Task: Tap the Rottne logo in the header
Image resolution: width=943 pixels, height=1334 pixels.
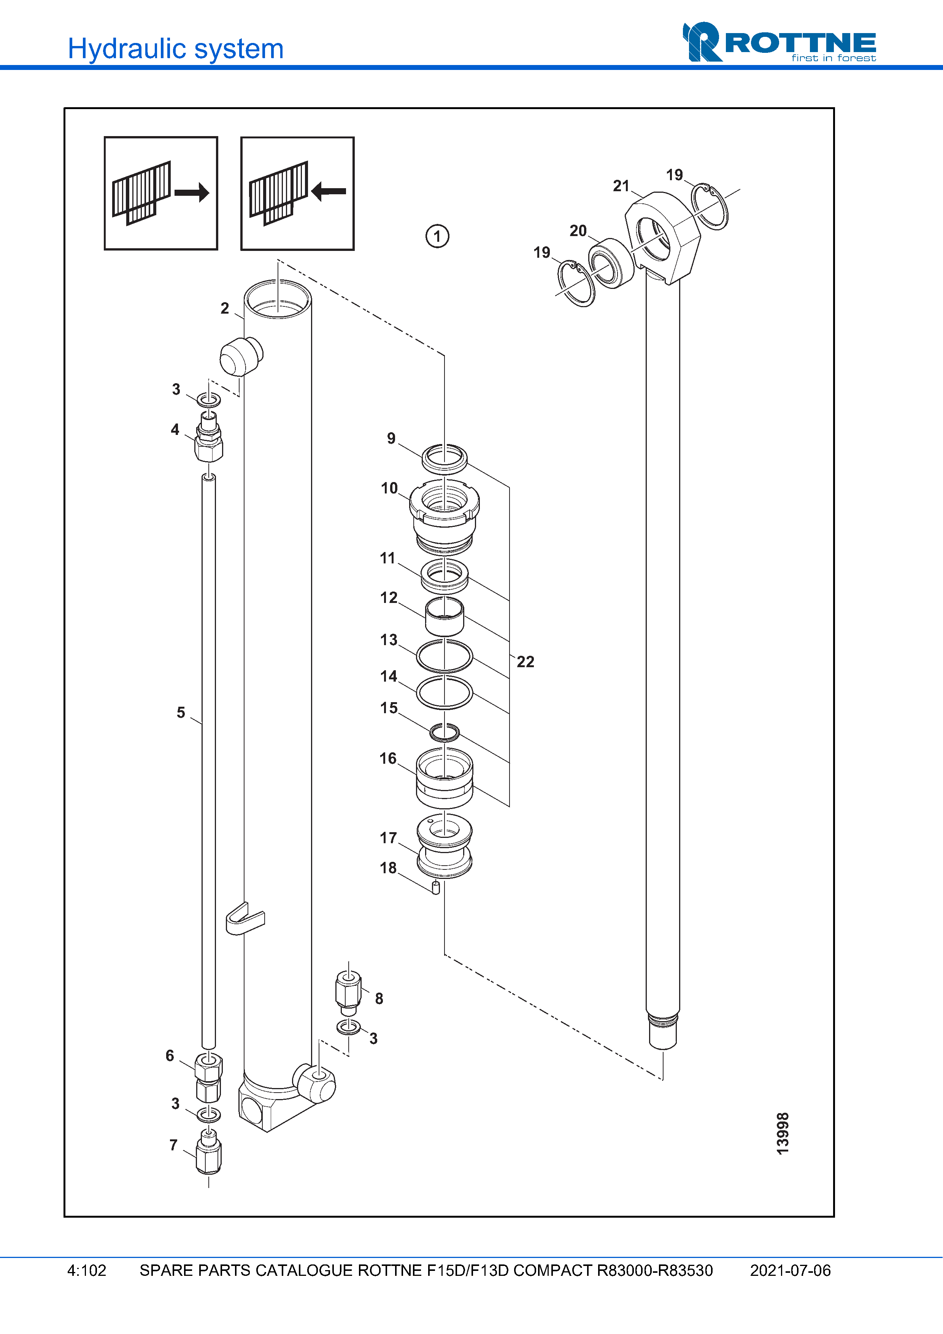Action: (779, 43)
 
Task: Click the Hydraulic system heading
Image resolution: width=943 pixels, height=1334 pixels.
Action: (175, 49)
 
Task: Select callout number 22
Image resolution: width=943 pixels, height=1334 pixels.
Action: (525, 662)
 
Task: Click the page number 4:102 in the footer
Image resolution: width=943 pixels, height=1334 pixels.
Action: (87, 1271)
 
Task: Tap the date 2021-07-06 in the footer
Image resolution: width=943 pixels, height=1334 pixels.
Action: (790, 1271)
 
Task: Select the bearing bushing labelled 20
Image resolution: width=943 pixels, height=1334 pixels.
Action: (610, 263)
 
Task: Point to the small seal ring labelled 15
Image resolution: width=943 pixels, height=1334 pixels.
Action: (445, 732)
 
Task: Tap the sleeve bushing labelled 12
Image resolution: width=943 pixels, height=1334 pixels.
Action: (445, 616)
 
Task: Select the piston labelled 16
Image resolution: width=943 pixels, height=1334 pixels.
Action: (445, 779)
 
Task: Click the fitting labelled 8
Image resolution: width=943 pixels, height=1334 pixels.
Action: (349, 992)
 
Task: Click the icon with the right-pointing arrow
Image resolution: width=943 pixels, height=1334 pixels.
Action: (161, 194)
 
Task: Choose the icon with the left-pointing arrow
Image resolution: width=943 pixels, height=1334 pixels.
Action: (297, 194)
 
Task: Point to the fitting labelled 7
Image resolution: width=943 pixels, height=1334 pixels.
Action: (209, 1153)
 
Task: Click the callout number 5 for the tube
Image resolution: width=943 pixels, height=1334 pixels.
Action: (181, 713)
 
